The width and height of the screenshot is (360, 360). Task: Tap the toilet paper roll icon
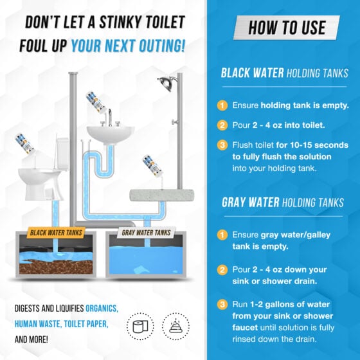(x=140, y=327)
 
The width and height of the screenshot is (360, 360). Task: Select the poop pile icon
(x=175, y=327)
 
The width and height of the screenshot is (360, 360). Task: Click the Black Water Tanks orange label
(x=56, y=233)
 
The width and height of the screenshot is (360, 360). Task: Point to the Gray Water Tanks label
(x=146, y=233)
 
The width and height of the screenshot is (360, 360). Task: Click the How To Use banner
(x=287, y=28)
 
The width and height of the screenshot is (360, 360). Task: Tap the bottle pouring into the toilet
(x=24, y=144)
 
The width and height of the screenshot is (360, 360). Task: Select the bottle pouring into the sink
(x=96, y=102)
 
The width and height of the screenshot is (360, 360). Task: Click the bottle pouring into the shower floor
(x=152, y=165)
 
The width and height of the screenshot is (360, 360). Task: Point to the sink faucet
(x=110, y=118)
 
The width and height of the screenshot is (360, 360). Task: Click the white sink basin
(x=111, y=135)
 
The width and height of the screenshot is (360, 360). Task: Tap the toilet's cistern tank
(x=62, y=154)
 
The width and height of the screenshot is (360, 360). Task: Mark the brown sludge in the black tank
(x=56, y=267)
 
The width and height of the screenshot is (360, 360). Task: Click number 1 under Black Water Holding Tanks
(x=222, y=105)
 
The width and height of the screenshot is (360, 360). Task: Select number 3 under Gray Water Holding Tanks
(x=222, y=305)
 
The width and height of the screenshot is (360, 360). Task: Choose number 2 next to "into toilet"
(x=222, y=125)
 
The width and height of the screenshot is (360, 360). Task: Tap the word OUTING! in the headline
(x=162, y=46)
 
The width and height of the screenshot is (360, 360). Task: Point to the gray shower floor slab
(x=162, y=195)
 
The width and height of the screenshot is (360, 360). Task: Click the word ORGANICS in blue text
(x=102, y=309)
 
